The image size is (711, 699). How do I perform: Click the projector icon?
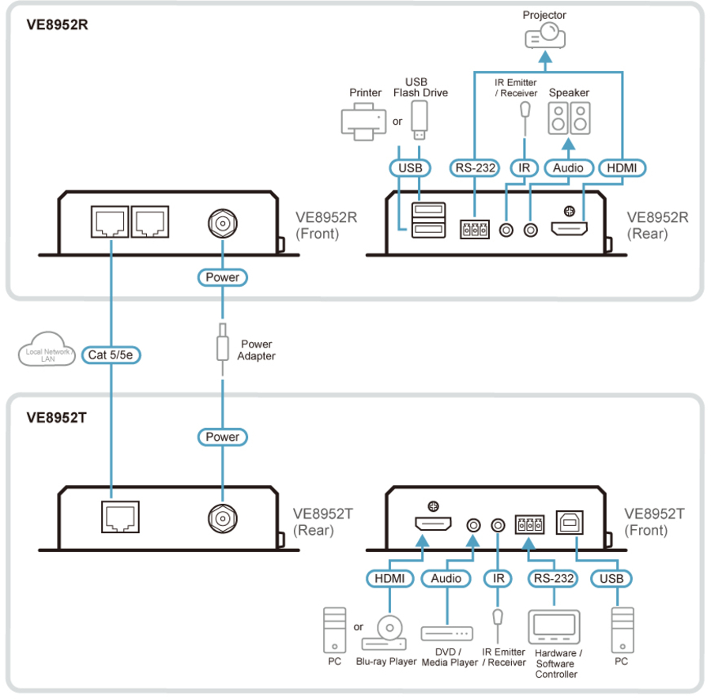546,36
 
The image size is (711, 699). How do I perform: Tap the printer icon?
363,123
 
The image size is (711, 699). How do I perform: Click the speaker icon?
569,119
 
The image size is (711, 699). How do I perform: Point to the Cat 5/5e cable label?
111,355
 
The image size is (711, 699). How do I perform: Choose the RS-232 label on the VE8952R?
474,167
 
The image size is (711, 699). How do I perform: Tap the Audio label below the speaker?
568,167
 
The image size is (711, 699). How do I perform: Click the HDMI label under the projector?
622,167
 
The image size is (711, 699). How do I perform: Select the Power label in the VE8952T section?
222,437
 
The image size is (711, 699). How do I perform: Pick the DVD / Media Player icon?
446,633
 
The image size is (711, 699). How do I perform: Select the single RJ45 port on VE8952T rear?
120,517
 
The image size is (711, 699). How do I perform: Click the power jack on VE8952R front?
223,224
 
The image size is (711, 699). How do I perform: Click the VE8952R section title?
58,24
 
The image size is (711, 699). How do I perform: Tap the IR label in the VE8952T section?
498,579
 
